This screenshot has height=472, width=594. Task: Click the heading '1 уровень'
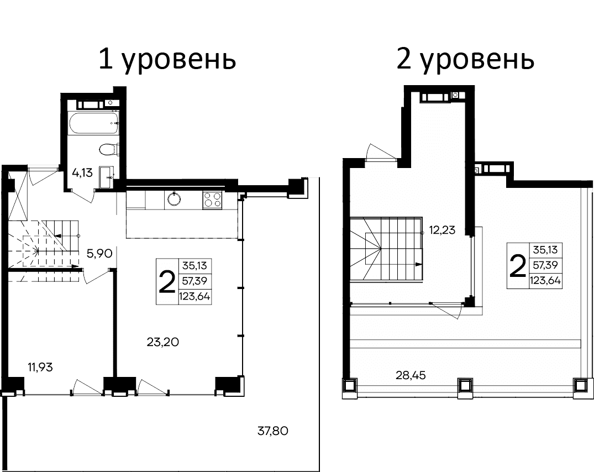(x=167, y=60)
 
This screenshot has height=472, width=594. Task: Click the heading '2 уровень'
(x=465, y=60)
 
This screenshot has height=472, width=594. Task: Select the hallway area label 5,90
(x=100, y=254)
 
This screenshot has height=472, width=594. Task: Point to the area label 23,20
(x=162, y=342)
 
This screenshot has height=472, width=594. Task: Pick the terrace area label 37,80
(x=274, y=430)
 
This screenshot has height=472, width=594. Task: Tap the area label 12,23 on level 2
(x=441, y=230)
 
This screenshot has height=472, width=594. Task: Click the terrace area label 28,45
(x=411, y=376)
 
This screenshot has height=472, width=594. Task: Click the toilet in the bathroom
(x=107, y=149)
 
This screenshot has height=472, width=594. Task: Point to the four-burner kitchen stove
(x=212, y=199)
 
